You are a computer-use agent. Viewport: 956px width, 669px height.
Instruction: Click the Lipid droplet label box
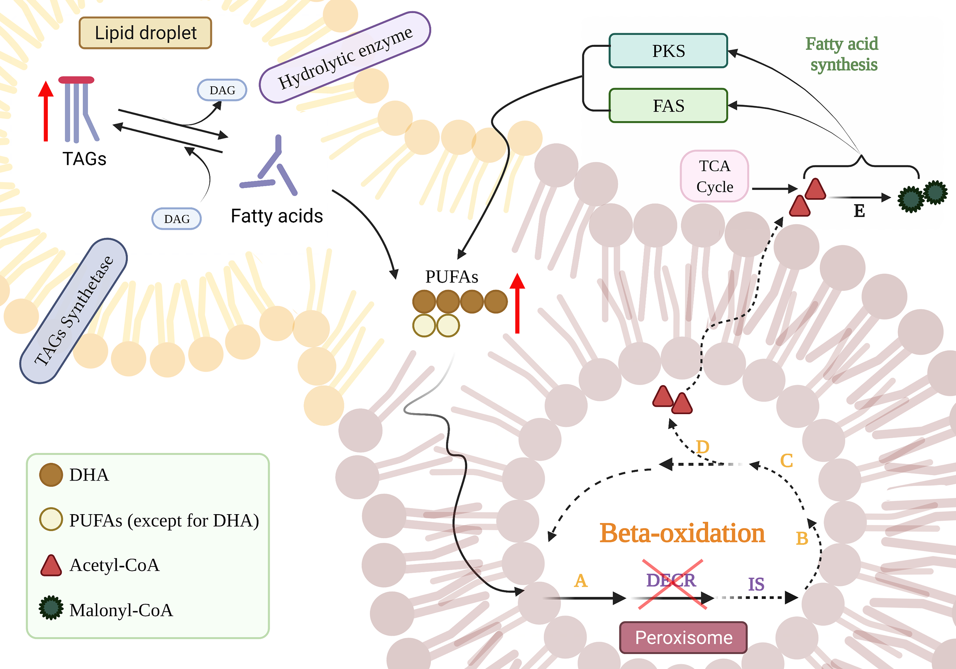(x=145, y=33)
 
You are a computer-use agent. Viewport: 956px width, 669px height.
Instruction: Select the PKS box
(x=668, y=51)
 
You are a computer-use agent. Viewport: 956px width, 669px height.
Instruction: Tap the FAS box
(x=668, y=105)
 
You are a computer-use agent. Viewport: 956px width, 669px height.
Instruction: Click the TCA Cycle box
(x=714, y=176)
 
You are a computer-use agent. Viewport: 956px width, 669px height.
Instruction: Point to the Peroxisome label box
(x=683, y=637)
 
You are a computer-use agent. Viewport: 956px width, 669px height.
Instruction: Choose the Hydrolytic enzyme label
(x=345, y=57)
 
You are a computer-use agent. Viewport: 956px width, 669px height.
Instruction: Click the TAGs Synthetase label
(x=74, y=310)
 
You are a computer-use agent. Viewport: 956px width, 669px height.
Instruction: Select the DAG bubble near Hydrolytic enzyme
(x=222, y=90)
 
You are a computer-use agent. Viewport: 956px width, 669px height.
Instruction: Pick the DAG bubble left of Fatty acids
(x=176, y=219)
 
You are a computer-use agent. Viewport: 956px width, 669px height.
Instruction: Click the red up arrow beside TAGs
(x=46, y=111)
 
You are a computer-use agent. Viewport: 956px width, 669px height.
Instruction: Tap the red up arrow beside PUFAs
(x=517, y=303)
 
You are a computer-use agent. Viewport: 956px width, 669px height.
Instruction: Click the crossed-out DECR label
(x=671, y=580)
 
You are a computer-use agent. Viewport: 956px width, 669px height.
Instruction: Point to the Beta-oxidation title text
(x=682, y=533)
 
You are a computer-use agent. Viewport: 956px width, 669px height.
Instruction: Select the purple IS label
(x=756, y=584)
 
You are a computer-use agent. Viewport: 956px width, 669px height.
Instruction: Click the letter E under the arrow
(x=859, y=211)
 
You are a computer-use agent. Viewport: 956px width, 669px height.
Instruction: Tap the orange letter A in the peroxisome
(x=581, y=580)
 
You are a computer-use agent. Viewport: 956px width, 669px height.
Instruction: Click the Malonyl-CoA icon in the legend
(x=51, y=608)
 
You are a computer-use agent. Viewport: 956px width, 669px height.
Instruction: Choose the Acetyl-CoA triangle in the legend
(x=51, y=565)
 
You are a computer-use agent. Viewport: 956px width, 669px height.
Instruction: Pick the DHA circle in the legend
(x=51, y=475)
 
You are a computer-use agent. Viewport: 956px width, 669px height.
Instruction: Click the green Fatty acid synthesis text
(x=842, y=54)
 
